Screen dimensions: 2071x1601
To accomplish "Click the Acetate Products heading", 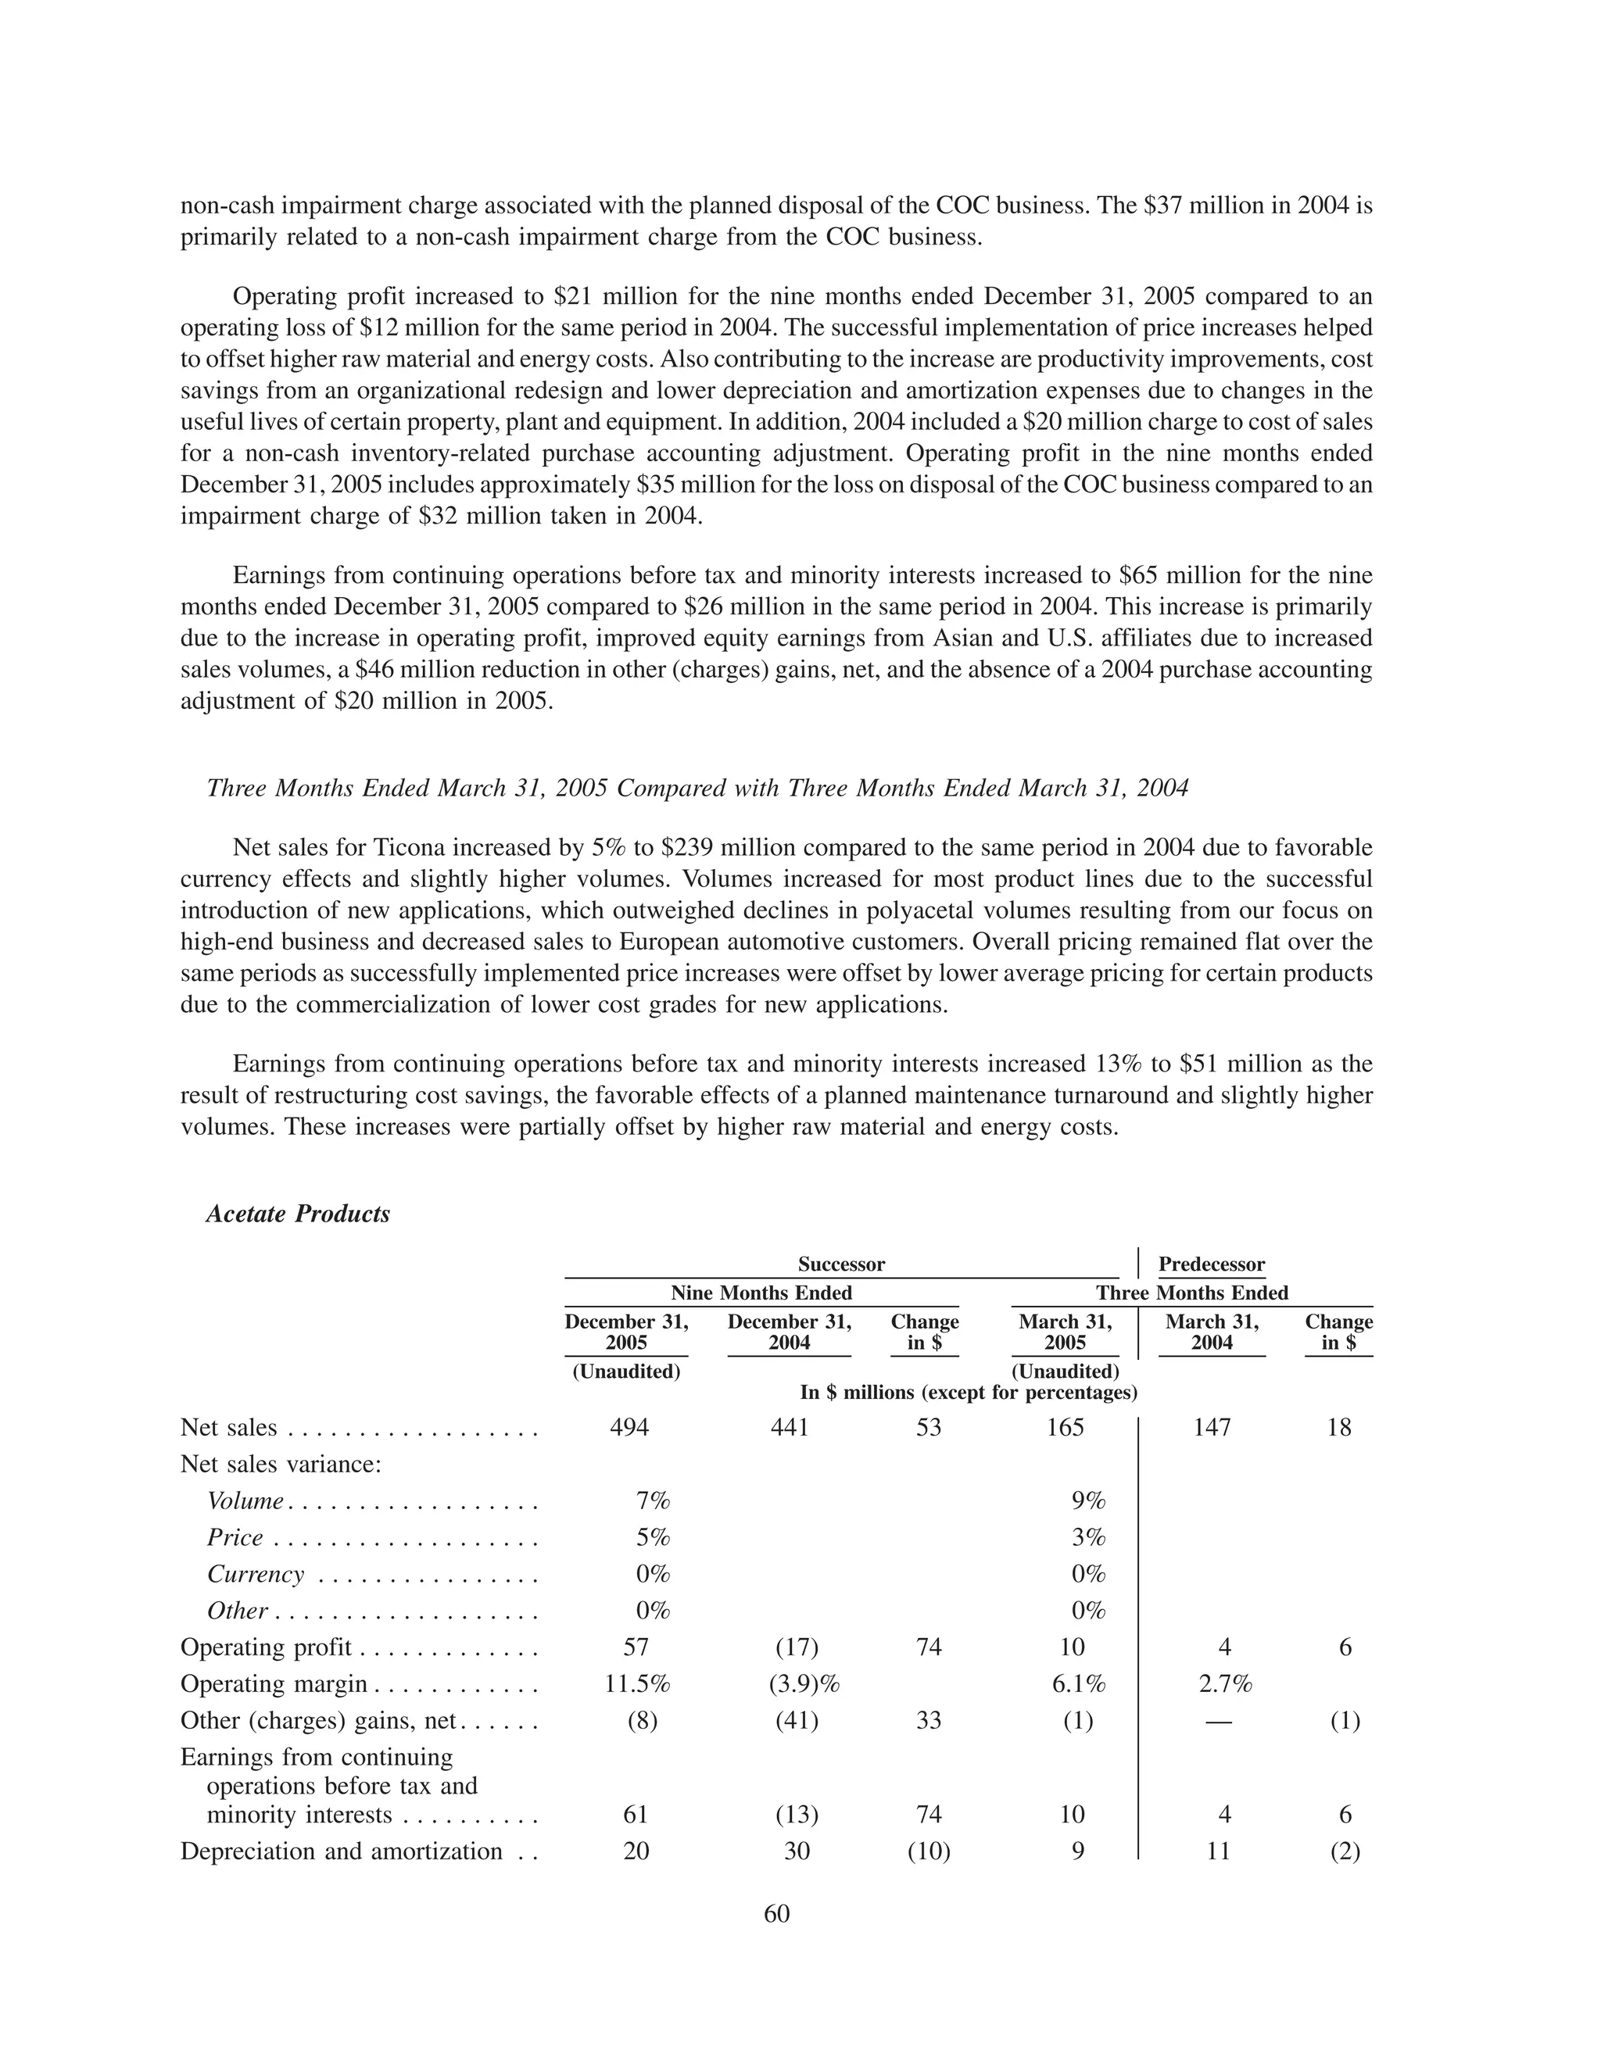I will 298,1214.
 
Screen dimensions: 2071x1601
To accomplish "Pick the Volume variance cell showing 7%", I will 653,1500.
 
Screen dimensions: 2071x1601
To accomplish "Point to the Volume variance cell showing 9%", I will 1089,1500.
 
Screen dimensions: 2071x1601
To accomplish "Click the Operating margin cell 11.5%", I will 637,1683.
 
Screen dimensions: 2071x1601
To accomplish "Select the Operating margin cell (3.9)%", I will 804,1683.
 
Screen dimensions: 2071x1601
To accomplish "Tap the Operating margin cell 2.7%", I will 1223,1683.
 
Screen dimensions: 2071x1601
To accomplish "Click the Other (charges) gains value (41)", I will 797,1720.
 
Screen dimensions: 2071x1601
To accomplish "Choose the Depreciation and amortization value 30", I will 797,1851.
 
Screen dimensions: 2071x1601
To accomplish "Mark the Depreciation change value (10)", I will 929,1851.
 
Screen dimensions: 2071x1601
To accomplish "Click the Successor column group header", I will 840,1264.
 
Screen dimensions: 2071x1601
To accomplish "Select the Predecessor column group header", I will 1211,1264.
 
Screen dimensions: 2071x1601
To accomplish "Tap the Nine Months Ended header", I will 761,1293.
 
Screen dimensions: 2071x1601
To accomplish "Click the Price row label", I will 235,1537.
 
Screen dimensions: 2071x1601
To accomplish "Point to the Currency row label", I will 255,1574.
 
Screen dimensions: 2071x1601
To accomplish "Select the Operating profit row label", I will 266,1647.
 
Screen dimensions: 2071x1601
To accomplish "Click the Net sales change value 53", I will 929,1427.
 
